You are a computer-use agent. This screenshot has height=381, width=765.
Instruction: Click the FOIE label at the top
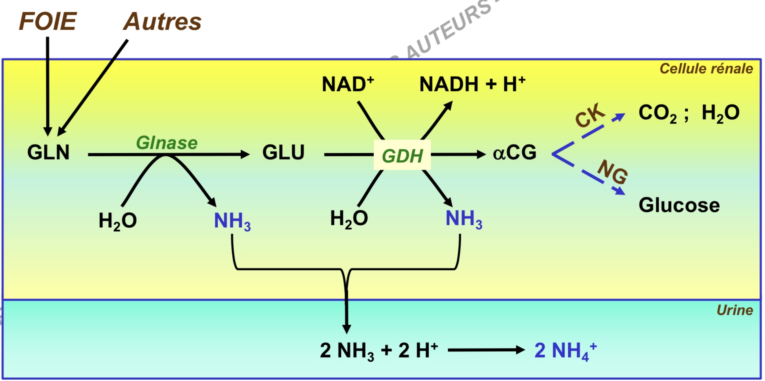(48, 21)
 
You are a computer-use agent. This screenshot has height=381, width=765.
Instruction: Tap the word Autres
(162, 21)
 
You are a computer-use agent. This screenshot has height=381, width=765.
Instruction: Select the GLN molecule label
(48, 152)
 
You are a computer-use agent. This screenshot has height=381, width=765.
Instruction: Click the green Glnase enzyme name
(167, 143)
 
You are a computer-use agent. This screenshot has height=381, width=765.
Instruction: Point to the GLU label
(283, 152)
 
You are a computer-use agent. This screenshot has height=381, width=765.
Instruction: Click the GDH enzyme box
(402, 155)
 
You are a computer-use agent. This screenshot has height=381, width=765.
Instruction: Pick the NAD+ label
(348, 84)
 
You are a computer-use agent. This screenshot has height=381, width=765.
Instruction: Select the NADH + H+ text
(472, 84)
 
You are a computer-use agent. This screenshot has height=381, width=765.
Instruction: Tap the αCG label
(514, 152)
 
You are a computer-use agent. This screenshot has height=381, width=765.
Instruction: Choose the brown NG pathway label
(613, 172)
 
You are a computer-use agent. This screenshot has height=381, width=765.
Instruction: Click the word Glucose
(679, 205)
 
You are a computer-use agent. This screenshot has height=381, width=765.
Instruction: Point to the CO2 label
(657, 113)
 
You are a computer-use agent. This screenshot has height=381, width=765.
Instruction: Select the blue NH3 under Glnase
(232, 221)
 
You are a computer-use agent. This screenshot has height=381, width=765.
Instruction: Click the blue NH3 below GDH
(464, 219)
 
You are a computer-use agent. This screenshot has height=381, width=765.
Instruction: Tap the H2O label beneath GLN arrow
(117, 221)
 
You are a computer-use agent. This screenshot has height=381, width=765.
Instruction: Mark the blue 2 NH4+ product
(565, 351)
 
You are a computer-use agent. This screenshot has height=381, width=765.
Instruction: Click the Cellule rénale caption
(706, 69)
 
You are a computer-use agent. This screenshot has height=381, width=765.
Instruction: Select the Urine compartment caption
(734, 310)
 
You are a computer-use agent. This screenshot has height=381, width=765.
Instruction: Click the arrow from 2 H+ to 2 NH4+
(486, 350)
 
